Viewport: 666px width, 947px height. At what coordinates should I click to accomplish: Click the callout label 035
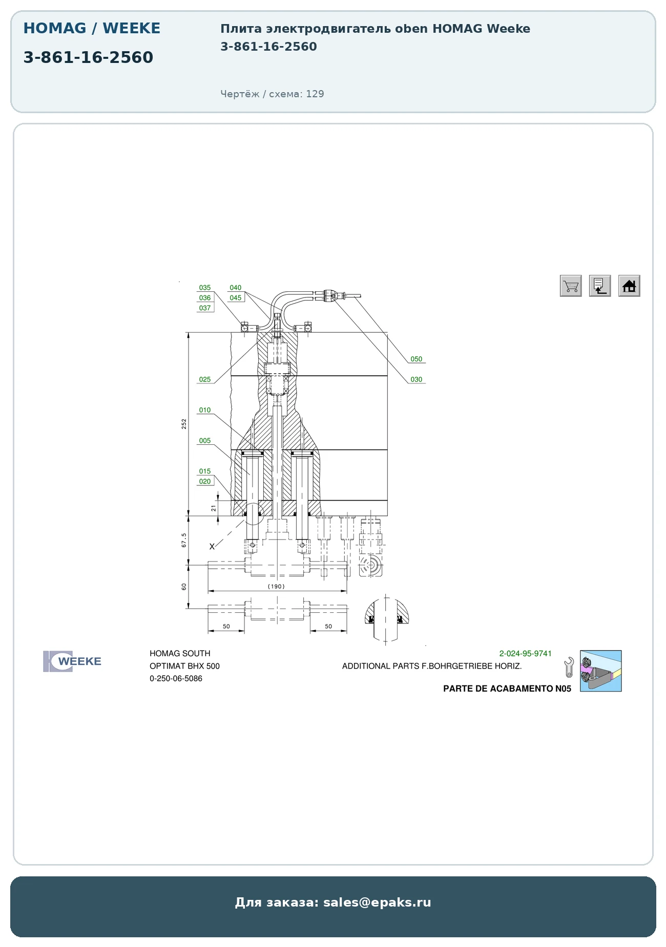pyautogui.click(x=205, y=288)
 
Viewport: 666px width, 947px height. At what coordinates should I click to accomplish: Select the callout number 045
pyautogui.click(x=236, y=298)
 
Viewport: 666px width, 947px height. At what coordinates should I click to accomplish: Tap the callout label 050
pyautogui.click(x=417, y=359)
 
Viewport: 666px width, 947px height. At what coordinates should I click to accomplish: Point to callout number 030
pyautogui.click(x=417, y=380)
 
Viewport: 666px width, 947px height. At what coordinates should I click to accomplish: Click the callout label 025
pyautogui.click(x=205, y=380)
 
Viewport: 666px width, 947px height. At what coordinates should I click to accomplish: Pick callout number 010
pyautogui.click(x=205, y=411)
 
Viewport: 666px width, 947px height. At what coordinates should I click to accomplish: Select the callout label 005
pyautogui.click(x=205, y=441)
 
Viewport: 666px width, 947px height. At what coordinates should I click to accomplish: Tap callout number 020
pyautogui.click(x=205, y=482)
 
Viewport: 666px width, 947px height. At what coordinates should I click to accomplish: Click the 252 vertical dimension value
pyautogui.click(x=184, y=424)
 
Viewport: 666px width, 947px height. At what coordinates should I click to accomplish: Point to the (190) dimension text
pyautogui.click(x=276, y=587)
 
